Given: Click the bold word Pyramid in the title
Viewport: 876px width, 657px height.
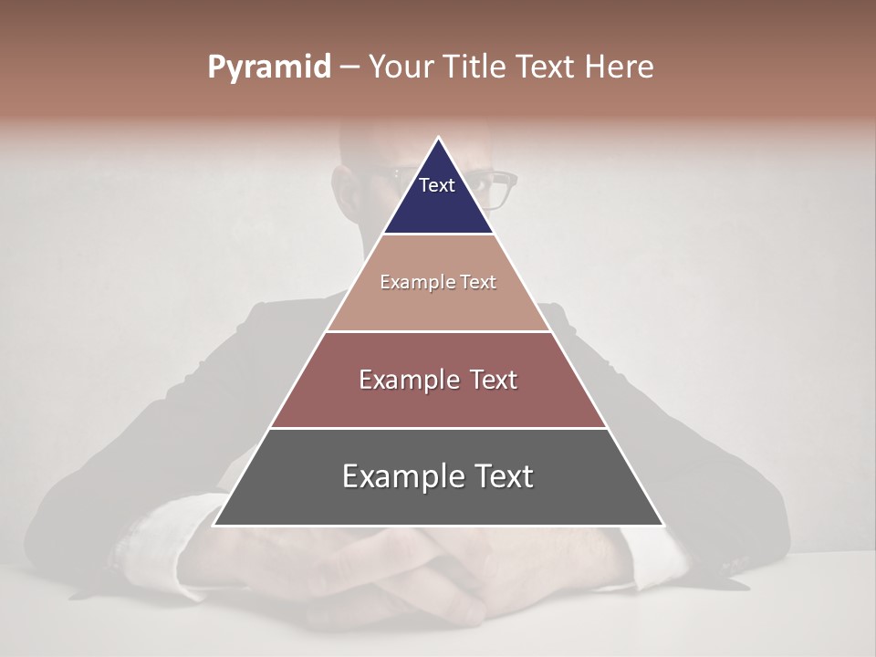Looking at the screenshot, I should pos(269,68).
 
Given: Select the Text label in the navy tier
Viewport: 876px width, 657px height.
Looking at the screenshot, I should pos(437,185).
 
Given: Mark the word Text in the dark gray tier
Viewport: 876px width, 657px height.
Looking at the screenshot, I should pos(505,477).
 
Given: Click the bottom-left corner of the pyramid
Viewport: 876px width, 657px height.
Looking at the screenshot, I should pos(214,526).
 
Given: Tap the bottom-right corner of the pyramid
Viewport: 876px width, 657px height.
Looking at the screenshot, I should pos(663,526).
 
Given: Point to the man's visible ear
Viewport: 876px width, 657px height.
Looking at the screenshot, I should pos(345,187).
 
